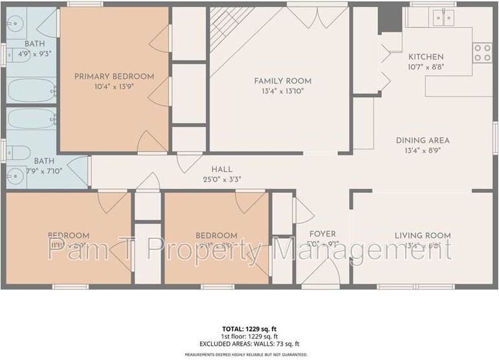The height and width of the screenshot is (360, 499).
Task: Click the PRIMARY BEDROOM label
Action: coord(114,76)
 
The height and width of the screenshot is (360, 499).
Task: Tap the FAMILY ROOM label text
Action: coord(282,81)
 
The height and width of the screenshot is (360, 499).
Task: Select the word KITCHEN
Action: coord(425,57)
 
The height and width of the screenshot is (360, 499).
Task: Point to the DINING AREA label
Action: coord(423,141)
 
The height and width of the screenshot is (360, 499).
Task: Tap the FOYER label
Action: coord(322,234)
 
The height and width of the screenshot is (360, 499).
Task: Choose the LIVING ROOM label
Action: coord(423,235)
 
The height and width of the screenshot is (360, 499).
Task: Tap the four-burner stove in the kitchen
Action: coord(482,52)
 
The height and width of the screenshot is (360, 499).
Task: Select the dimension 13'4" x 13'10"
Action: coord(282,91)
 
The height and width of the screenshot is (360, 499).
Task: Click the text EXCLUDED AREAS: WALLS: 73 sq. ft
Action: coord(250,344)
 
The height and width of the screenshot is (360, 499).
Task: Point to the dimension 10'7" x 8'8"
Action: coord(425,67)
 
